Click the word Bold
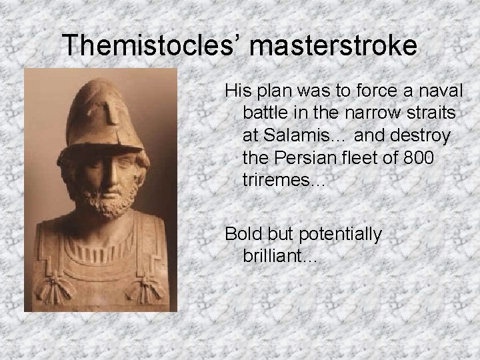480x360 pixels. coord(243,234)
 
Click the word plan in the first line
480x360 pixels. coord(266,90)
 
